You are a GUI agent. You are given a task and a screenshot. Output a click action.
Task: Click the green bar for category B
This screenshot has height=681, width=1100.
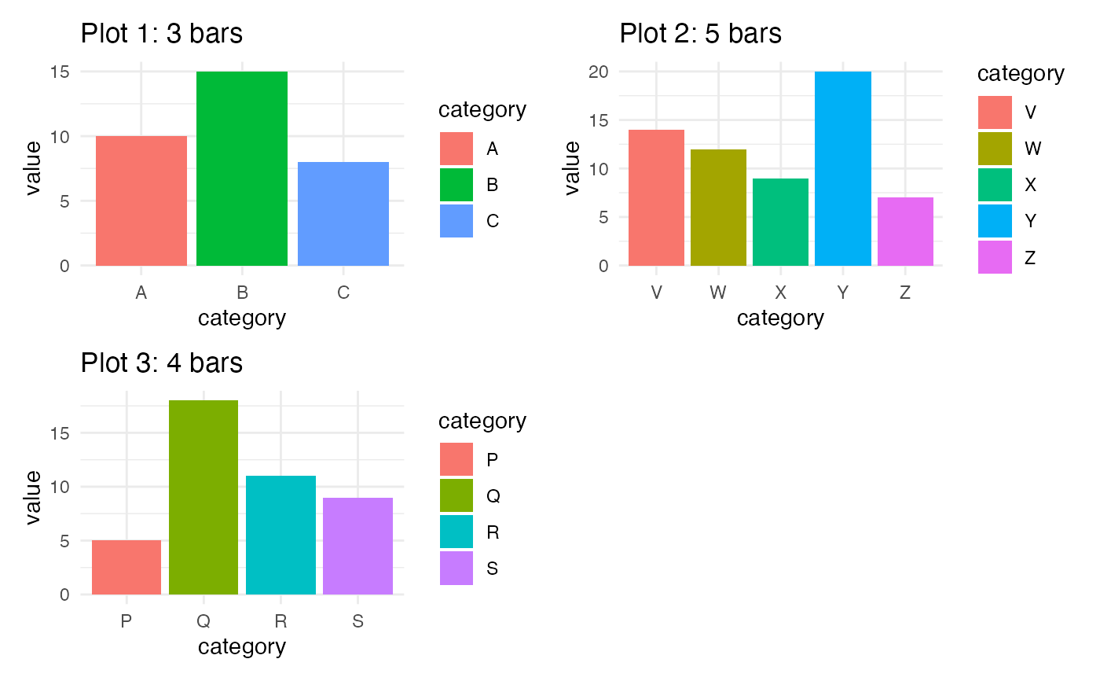coord(242,168)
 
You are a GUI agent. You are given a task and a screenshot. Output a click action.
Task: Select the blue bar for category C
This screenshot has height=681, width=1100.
coord(343,214)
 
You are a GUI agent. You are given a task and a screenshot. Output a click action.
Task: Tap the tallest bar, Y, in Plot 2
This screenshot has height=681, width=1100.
coord(842,168)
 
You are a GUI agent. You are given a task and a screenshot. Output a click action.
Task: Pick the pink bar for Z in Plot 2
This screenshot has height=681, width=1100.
coord(905,231)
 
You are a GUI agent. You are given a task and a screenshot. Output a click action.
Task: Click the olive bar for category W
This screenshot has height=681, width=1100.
coord(718,208)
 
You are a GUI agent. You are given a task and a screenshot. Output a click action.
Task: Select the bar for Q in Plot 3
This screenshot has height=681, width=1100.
coord(203,497)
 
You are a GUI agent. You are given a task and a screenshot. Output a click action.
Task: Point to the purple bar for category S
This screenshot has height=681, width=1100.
coord(358,546)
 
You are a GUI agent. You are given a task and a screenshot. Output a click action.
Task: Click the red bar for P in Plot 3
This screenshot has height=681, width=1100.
coord(126,567)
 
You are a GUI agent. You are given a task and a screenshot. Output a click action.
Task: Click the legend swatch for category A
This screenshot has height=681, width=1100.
coord(456,149)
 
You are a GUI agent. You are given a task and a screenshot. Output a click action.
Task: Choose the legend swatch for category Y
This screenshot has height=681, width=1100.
coord(995,221)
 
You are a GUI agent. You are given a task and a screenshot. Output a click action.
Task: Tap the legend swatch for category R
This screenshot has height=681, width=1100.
coord(456,532)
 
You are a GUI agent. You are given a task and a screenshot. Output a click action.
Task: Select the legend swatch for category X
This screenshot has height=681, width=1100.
coord(995,185)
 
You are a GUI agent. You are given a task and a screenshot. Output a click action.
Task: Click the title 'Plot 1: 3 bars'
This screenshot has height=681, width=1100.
coord(162,34)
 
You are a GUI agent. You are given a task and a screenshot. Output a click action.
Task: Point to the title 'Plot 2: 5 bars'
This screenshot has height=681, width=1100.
coord(701,34)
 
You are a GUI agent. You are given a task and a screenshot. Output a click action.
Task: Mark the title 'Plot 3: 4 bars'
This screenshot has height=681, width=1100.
coord(162,363)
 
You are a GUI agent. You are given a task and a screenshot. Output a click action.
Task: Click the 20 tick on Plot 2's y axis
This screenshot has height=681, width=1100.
coord(599,72)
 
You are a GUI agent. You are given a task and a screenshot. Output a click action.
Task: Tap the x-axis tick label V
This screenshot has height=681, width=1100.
coord(657,293)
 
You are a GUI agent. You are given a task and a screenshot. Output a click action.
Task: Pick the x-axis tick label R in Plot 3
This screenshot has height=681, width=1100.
coord(280,622)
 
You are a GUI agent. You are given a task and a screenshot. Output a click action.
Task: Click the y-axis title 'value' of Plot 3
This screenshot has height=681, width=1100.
coord(33,497)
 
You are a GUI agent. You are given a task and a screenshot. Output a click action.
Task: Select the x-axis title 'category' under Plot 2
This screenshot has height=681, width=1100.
coord(780,318)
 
